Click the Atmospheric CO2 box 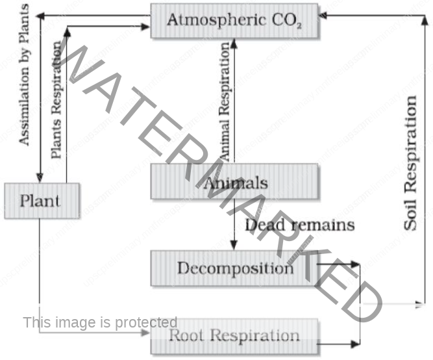coord(234,20)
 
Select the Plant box coord(42,200)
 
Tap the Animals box coord(234,181)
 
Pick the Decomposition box coord(234,268)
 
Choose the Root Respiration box coord(234,336)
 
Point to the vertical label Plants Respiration coord(57,101)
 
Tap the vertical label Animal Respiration coord(225,101)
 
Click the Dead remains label coord(300,225)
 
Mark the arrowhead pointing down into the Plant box coord(41,177)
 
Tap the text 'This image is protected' coord(100,322)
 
